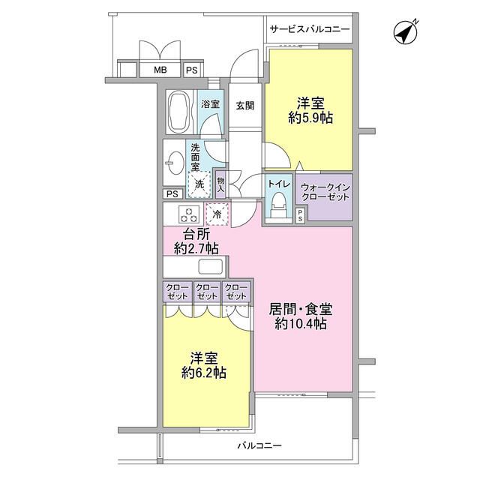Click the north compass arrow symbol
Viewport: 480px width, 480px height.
pos(406,33)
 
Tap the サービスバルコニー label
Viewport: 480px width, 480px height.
pos(309,29)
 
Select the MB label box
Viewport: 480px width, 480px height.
pos(160,70)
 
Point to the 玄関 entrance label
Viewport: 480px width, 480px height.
pos(244,105)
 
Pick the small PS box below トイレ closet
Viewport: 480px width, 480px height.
pos(301,216)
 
